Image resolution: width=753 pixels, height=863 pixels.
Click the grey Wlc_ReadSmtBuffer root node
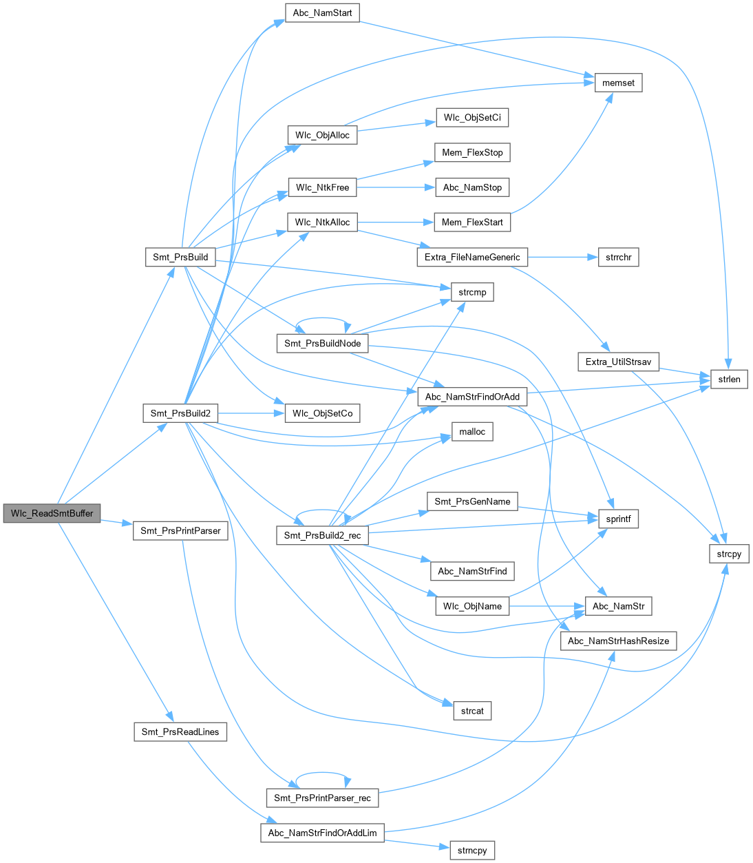click(x=52, y=513)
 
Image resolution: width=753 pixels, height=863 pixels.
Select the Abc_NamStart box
click(x=322, y=13)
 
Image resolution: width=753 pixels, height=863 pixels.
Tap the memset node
click(x=618, y=83)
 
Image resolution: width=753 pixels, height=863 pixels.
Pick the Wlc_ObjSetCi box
click(x=472, y=118)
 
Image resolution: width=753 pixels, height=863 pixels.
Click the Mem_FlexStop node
click(x=472, y=152)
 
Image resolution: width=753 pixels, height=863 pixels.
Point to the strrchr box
click(x=618, y=257)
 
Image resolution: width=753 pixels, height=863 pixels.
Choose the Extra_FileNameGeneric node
click(x=472, y=257)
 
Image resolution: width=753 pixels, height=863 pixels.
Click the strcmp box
click(x=472, y=292)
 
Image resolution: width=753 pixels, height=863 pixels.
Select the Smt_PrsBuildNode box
click(x=322, y=343)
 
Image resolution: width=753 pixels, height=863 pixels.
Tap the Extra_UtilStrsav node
click(x=618, y=362)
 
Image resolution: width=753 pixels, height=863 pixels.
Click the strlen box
click(x=729, y=379)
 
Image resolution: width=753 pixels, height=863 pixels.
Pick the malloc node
click(x=472, y=432)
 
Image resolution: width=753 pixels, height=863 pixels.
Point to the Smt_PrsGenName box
click(x=472, y=501)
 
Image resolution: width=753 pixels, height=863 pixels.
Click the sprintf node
click(x=618, y=519)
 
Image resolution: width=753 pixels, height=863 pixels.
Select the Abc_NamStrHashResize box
click(x=618, y=641)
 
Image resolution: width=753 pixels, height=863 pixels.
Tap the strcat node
click(x=472, y=711)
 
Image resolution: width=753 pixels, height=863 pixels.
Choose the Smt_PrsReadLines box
click(x=180, y=731)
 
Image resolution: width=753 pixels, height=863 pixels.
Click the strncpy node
click(x=472, y=850)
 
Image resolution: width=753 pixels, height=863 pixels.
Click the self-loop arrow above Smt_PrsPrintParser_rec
click(x=322, y=773)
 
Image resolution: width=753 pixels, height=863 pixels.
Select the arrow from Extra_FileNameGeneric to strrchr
click(x=558, y=257)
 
